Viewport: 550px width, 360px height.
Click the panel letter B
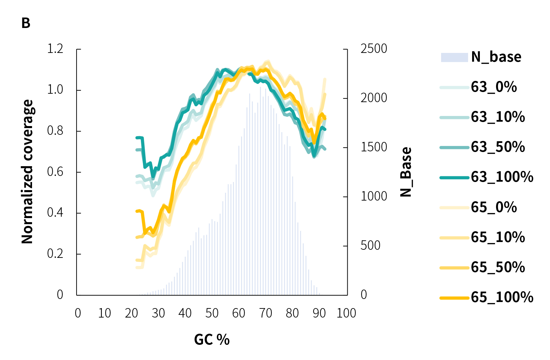pyautogui.click(x=26, y=23)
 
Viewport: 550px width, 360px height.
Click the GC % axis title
pyautogui.click(x=212, y=340)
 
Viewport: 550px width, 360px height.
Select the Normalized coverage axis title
pyautogui.click(x=27, y=172)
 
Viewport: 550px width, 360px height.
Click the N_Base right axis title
pyautogui.click(x=406, y=172)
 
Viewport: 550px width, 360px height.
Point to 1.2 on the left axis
pyautogui.click(x=55, y=49)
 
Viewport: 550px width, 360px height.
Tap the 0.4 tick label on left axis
pyautogui.click(x=55, y=213)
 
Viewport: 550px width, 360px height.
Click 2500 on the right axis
pyautogui.click(x=374, y=49)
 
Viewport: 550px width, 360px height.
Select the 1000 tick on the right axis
pyautogui.click(x=374, y=196)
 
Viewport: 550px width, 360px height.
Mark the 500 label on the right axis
pyautogui.click(x=370, y=245)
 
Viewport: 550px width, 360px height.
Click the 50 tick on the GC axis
pyautogui.click(x=212, y=313)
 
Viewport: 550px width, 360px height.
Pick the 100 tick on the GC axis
pyautogui.click(x=346, y=313)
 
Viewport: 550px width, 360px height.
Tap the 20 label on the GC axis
pyautogui.click(x=132, y=313)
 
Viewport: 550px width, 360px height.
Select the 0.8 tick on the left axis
pyautogui.click(x=55, y=131)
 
